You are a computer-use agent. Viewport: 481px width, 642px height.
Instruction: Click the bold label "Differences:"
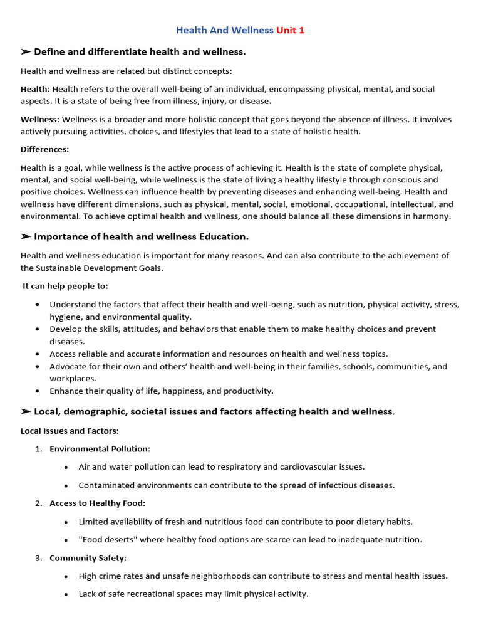pyautogui.click(x=45, y=149)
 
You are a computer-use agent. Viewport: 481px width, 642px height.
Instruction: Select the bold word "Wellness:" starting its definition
pyautogui.click(x=40, y=119)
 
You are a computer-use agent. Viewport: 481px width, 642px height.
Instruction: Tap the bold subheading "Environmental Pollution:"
pyautogui.click(x=100, y=449)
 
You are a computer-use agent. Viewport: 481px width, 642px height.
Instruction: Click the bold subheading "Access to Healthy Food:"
pyautogui.click(x=97, y=503)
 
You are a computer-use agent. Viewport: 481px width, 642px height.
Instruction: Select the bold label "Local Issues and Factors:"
pyautogui.click(x=70, y=431)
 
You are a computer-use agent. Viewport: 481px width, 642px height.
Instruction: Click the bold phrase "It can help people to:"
pyautogui.click(x=65, y=286)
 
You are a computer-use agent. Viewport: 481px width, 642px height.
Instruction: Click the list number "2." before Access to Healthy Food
pyautogui.click(x=38, y=503)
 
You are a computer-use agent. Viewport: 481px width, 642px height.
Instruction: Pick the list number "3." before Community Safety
pyautogui.click(x=38, y=557)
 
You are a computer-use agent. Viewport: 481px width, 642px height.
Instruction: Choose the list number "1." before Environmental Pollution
pyautogui.click(x=38, y=449)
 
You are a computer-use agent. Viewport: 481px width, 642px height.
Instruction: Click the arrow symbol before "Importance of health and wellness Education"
pyautogui.click(x=26, y=236)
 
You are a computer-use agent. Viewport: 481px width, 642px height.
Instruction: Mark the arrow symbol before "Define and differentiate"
pyautogui.click(x=26, y=51)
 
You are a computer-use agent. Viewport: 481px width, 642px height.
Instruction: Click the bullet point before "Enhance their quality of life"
pyautogui.click(x=38, y=391)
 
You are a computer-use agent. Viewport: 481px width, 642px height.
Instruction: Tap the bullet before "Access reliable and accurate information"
pyautogui.click(x=38, y=354)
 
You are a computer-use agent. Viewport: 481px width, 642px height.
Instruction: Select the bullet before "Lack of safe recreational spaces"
pyautogui.click(x=66, y=594)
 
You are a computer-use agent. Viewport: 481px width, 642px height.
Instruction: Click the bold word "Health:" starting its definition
pyautogui.click(x=35, y=89)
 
